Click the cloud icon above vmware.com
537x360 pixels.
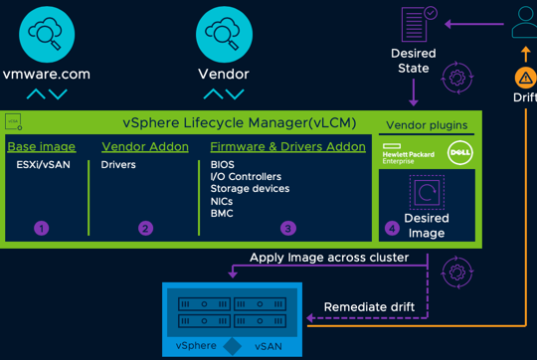[x=46, y=34]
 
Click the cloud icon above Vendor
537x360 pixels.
[x=224, y=34]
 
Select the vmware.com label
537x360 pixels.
[x=46, y=74]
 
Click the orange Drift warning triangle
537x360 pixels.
[x=525, y=78]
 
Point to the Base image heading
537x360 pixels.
[x=41, y=146]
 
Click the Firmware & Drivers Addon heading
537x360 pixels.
[x=287, y=146]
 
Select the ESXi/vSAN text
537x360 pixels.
[x=44, y=165]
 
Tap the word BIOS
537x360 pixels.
[x=222, y=165]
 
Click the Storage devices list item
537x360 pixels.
[x=250, y=189]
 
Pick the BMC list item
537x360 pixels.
[x=222, y=213]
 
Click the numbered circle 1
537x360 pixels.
[x=41, y=228]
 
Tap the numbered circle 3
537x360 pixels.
[x=288, y=228]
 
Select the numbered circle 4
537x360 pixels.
[x=392, y=228]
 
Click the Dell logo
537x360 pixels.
[x=459, y=152]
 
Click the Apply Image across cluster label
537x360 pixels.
[x=330, y=258]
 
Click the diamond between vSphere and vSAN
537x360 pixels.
[x=232, y=345]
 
